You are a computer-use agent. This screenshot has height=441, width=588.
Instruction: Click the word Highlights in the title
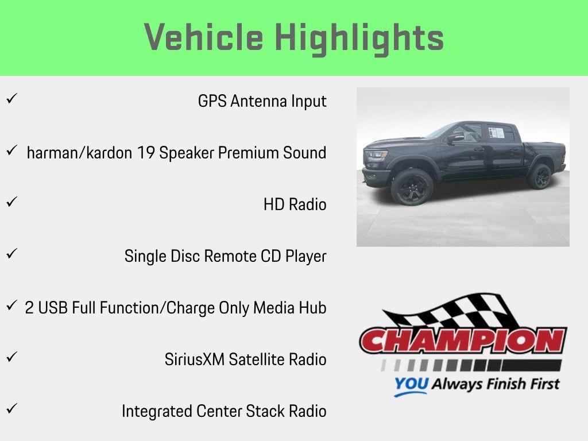point(359,38)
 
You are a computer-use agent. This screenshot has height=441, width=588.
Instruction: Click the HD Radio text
point(295,204)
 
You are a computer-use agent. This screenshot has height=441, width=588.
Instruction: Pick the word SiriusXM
point(195,359)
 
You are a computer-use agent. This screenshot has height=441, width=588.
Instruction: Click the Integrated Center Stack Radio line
point(224,411)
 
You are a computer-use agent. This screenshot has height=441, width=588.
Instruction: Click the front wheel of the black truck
point(412,186)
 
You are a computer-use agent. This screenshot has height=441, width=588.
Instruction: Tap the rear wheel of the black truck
point(539,176)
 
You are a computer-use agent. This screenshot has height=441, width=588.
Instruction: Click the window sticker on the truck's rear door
point(496,133)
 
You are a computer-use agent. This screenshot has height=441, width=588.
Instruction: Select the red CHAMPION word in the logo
point(463,341)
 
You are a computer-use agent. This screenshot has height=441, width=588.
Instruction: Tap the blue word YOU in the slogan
point(411,384)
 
